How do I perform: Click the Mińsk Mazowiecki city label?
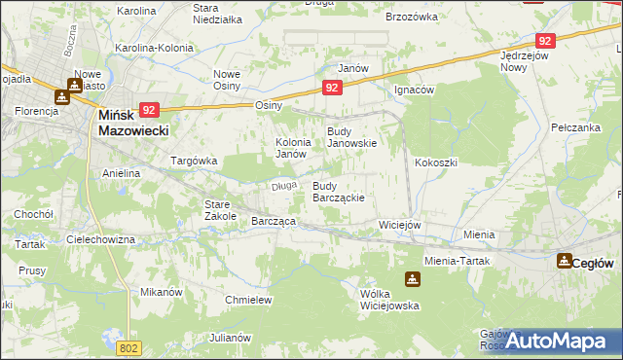point(134,122)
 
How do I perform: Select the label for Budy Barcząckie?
point(338,192)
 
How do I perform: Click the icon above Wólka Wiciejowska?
point(413,280)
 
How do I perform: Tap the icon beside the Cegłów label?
point(564,261)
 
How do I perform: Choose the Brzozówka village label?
point(413,17)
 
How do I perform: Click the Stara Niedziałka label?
point(217,14)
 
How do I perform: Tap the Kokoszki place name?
point(435,162)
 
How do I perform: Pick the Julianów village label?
point(230,338)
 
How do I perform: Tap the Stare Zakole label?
point(219,210)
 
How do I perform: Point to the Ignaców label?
point(413,89)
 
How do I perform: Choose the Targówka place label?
point(193,161)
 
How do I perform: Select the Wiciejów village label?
point(398,225)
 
